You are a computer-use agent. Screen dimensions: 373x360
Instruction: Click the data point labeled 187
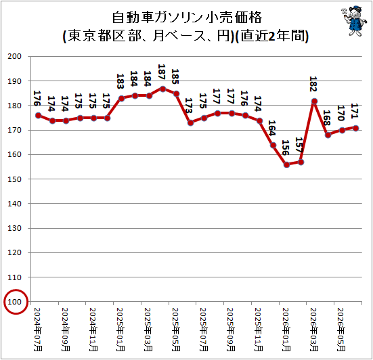coord(162,89)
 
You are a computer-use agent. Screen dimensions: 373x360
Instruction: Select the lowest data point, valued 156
coord(286,165)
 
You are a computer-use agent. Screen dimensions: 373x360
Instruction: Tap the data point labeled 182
coord(314,102)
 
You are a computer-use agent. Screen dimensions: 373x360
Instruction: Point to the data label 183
coord(120,81)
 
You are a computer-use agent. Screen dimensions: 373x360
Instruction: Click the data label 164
coord(272,128)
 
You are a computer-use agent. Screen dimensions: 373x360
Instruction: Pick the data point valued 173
coord(190,123)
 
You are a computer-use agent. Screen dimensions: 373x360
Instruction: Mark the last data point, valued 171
coord(355,128)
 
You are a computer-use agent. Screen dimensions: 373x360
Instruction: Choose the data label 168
coord(326,118)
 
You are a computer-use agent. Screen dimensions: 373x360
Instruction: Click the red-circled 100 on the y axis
coord(14,302)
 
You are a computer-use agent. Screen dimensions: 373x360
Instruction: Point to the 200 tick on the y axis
coord(14,56)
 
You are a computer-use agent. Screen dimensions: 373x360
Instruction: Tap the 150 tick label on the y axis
coord(14,179)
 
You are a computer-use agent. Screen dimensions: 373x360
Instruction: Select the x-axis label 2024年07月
coord(38,330)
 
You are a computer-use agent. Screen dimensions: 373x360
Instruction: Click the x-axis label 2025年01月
coord(120,330)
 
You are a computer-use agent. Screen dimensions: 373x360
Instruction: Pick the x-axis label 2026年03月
coord(314,330)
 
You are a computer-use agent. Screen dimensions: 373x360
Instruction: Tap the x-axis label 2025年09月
coord(231,330)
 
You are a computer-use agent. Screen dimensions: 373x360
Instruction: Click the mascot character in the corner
coord(352,21)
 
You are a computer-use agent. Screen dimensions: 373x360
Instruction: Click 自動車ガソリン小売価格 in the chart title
coord(187,18)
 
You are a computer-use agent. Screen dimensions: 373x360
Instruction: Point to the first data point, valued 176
coord(38,116)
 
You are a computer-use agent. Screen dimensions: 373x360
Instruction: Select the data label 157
coord(299,145)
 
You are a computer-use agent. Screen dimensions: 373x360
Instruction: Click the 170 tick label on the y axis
coord(14,130)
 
